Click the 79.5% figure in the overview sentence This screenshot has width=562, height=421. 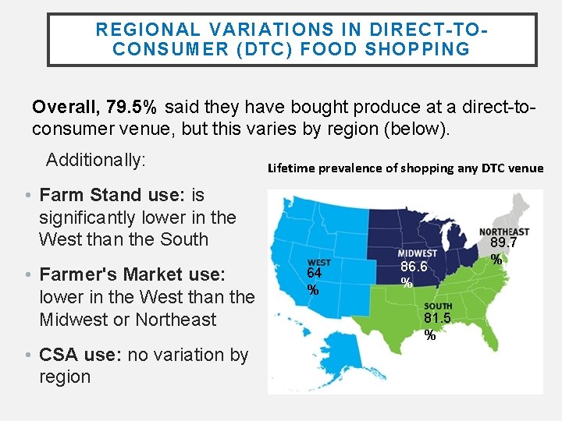point(137,106)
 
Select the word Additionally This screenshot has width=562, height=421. point(95,161)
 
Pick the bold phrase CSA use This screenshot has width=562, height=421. point(79,356)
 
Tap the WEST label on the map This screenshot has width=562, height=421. point(318,263)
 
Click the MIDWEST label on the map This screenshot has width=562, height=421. point(418,253)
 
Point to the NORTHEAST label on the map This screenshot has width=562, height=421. point(503,232)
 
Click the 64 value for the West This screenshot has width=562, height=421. point(314,274)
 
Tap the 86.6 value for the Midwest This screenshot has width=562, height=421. point(414,267)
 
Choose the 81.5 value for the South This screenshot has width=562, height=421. point(437,319)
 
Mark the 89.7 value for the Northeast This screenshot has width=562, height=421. point(504,245)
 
